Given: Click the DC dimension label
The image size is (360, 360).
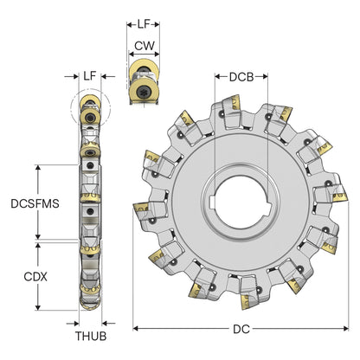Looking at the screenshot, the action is [241, 329].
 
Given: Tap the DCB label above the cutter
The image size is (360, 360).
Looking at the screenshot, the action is [241, 77].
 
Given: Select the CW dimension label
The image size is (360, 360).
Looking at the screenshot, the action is [145, 46].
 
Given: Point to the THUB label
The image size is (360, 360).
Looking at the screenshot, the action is [91, 336].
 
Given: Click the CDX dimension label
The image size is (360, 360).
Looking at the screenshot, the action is [35, 277].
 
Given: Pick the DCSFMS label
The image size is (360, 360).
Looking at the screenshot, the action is [35, 203].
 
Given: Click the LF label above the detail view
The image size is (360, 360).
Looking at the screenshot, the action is [144, 24].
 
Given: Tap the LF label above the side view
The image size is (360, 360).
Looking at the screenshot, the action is [90, 76].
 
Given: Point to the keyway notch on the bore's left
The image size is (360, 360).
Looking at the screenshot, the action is [211, 202].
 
